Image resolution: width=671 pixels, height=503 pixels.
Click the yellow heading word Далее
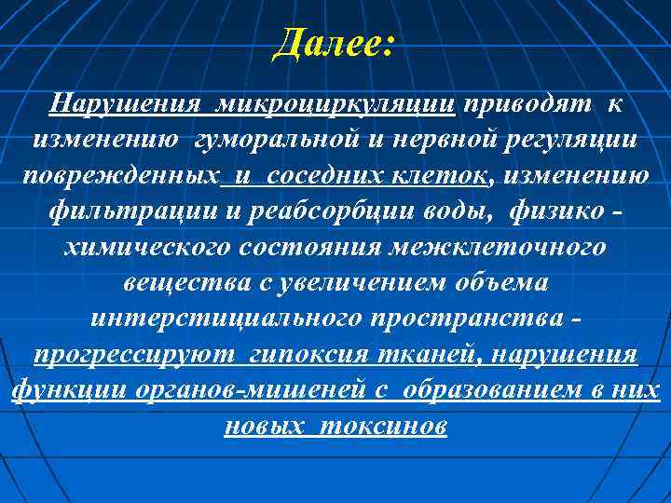coord(333,43)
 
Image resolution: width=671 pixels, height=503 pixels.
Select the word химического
coord(158,248)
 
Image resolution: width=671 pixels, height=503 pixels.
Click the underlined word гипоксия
coord(316,356)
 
